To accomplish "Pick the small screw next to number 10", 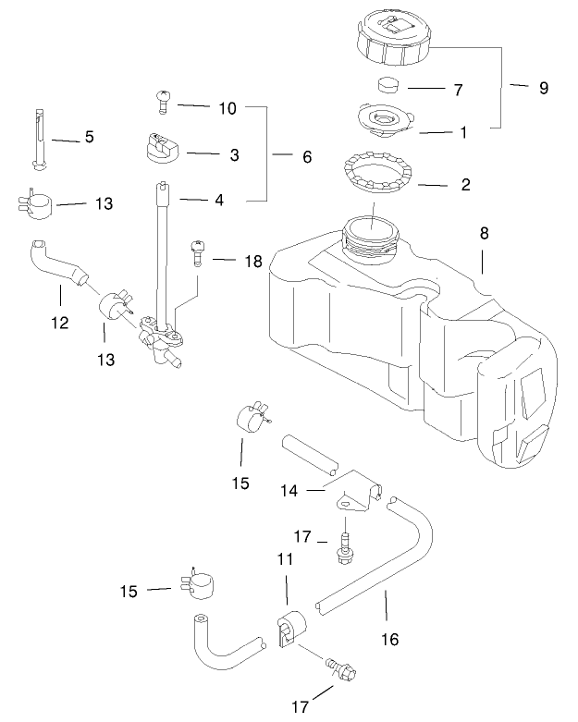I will pos(161,99).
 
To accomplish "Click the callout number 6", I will pos(307,157).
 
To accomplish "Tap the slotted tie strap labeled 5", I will pos(40,139).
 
